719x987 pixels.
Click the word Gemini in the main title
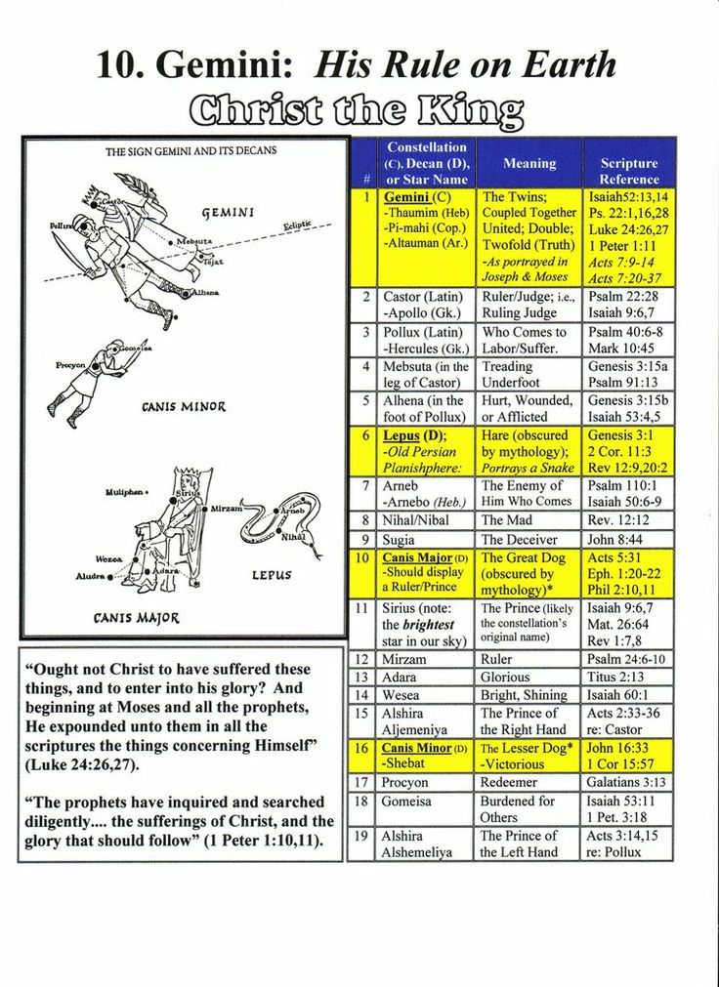coord(224,64)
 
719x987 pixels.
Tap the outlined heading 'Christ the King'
coord(357,110)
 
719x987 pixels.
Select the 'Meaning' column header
coord(529,163)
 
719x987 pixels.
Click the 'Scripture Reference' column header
coord(628,171)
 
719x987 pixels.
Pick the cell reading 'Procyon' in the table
coord(405,782)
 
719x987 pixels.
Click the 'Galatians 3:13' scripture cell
coord(627,782)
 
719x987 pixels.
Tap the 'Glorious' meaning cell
coord(505,677)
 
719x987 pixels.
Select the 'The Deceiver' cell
coord(519,539)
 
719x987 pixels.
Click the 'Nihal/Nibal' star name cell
coord(415,520)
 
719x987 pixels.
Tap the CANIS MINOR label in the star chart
coord(184,406)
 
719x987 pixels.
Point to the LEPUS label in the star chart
coord(272,575)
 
